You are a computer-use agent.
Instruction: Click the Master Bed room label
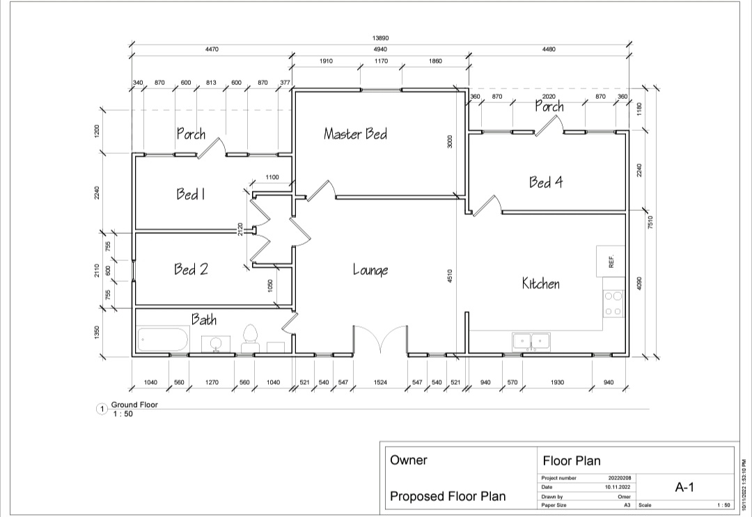point(355,134)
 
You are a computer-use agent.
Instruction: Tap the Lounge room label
point(370,270)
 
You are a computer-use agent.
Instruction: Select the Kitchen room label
point(541,283)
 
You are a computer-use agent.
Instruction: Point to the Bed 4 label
point(546,182)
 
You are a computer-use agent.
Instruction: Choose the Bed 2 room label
point(191,269)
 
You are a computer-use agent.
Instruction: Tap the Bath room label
point(204,319)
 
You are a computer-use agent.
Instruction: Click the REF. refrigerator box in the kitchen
point(611,261)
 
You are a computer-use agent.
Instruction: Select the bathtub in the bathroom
point(163,341)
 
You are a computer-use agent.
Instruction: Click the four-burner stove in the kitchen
point(613,303)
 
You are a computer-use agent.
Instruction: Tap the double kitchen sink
point(531,341)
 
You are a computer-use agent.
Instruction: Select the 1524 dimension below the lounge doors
point(380,383)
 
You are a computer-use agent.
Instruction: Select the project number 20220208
point(618,478)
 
